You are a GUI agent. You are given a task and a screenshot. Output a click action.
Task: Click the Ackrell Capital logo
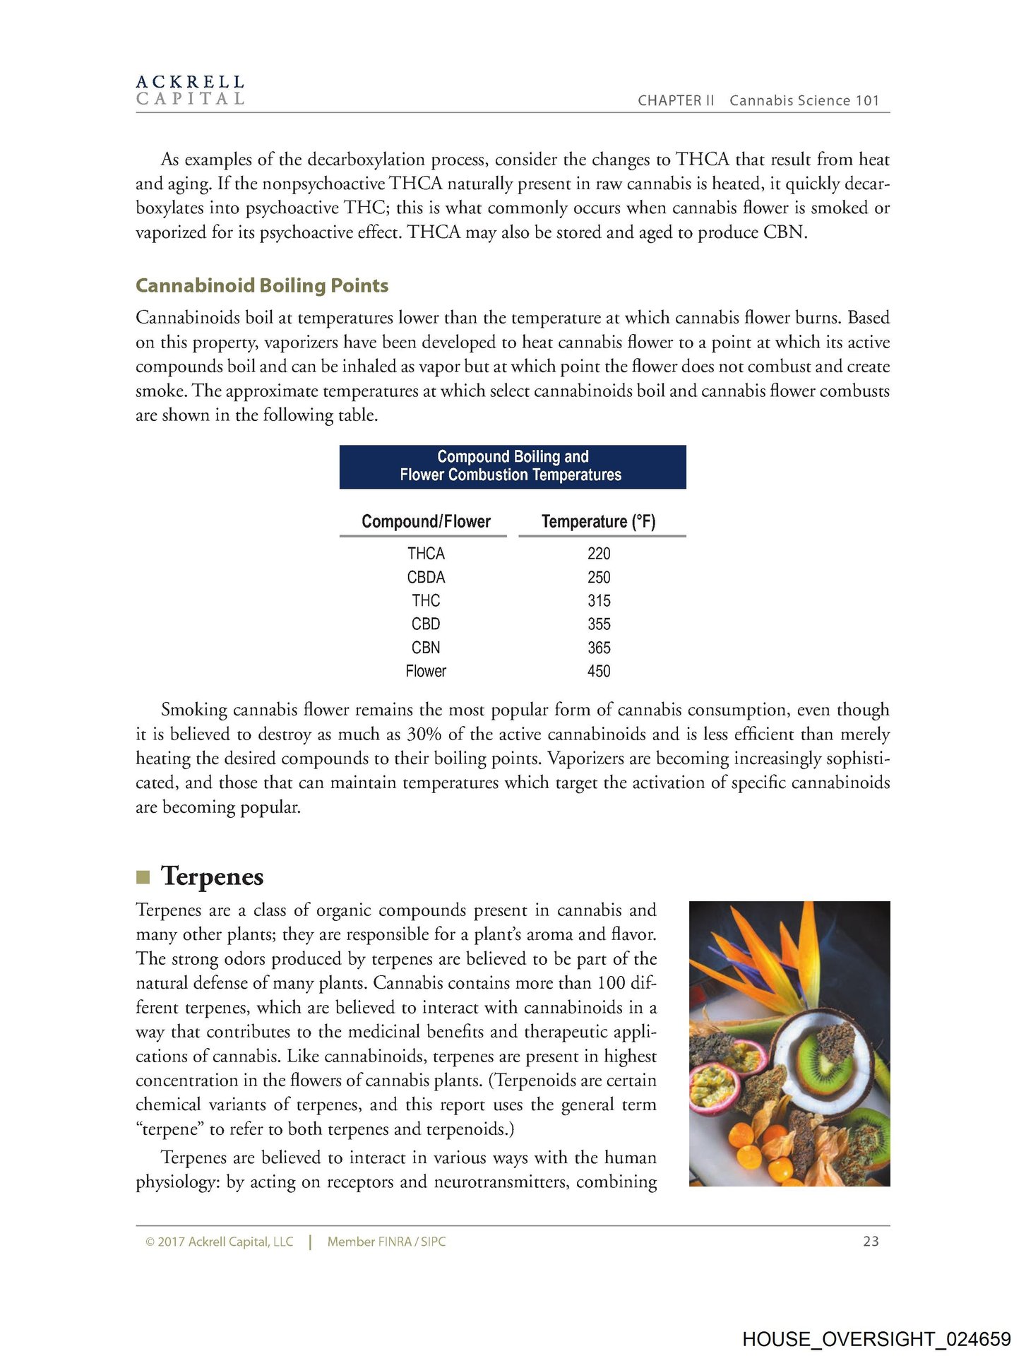(190, 90)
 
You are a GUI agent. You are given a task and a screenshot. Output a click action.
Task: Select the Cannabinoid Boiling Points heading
(262, 285)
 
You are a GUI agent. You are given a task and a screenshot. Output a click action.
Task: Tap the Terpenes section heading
(212, 876)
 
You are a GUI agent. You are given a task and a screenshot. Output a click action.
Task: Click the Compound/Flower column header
(426, 521)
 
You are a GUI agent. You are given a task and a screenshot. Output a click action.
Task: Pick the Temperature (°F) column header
(598, 521)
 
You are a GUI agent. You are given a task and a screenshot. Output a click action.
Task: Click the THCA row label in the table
(426, 554)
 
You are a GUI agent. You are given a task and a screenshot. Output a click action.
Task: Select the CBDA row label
(426, 577)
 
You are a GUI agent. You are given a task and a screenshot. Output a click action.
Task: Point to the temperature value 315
(599, 601)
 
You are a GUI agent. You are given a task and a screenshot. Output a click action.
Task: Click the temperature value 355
(599, 624)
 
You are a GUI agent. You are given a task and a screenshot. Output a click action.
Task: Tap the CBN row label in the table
(426, 648)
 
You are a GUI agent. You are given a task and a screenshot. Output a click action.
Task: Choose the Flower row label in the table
(426, 671)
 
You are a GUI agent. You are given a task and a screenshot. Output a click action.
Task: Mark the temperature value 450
(599, 671)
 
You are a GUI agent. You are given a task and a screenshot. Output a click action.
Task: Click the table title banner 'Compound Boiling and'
(513, 457)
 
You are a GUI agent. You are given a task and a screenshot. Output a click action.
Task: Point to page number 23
(871, 1241)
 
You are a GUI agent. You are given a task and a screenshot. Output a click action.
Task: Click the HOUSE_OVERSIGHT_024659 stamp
(876, 1339)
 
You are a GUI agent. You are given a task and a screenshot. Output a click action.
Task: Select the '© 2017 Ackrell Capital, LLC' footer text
(219, 1242)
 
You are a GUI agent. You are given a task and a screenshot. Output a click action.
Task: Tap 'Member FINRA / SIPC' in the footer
(386, 1242)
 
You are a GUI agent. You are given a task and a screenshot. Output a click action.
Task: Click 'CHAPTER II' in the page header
(676, 100)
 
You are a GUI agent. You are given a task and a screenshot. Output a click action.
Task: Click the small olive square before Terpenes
(143, 877)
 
